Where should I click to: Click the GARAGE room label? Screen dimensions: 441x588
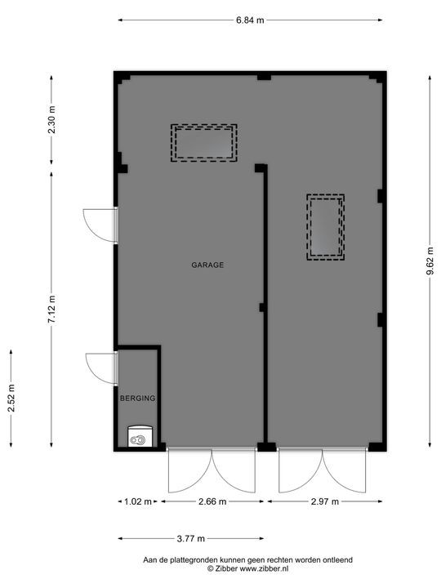(207, 265)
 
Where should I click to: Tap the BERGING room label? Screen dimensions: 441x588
(138, 399)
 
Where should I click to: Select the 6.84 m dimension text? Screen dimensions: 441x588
(250, 20)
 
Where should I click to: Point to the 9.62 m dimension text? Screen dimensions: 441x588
(430, 261)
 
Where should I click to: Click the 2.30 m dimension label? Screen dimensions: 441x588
(51, 119)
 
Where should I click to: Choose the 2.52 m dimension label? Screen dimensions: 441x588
(11, 399)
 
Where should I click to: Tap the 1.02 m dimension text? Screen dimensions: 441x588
(138, 501)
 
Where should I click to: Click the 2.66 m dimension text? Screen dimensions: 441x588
(212, 501)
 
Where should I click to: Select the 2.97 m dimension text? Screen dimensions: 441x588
(325, 501)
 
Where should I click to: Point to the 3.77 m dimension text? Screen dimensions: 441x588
(191, 539)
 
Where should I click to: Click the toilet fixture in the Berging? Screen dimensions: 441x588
(140, 436)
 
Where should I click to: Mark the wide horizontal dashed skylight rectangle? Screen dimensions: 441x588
(204, 143)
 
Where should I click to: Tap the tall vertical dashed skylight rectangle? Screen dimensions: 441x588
(326, 227)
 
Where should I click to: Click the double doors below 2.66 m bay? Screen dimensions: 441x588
(212, 470)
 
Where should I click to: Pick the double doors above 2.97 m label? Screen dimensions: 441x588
(322, 470)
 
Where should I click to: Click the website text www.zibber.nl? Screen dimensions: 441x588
(264, 568)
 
